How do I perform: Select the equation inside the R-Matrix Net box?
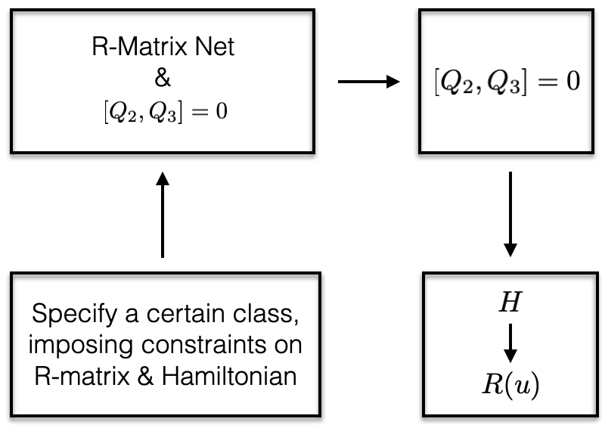pyautogui.click(x=162, y=113)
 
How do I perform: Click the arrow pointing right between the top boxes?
pyautogui.click(x=368, y=81)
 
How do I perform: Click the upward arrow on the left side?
pyautogui.click(x=162, y=216)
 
